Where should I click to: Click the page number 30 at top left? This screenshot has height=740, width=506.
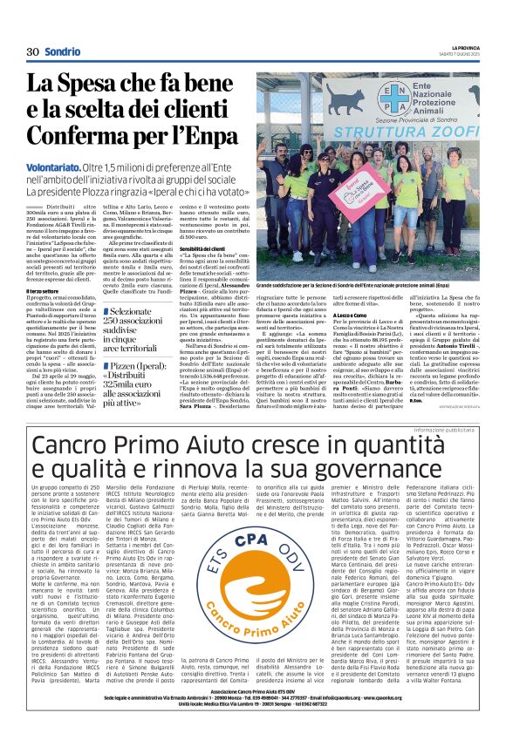coord(34,52)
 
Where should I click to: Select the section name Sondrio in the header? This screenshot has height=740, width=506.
coord(63,52)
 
